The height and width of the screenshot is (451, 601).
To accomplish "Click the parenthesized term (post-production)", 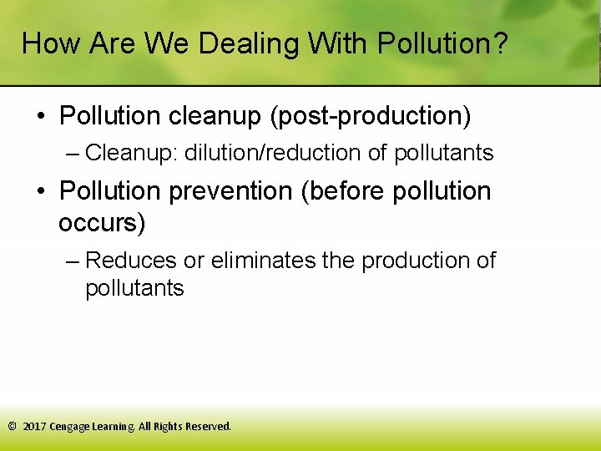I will click(x=370, y=116).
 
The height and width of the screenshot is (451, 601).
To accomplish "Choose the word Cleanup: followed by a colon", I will click(x=131, y=154).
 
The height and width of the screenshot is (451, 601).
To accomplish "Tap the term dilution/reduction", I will click(x=282, y=154).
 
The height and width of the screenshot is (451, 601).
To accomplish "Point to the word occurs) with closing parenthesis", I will click(x=102, y=223).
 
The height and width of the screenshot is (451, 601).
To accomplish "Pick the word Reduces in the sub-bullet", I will click(x=131, y=261).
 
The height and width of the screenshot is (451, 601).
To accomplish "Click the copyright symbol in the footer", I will click(x=12, y=427).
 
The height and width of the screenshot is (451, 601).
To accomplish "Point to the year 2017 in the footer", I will click(x=35, y=427).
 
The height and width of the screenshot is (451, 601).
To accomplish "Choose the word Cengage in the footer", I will click(x=70, y=427).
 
